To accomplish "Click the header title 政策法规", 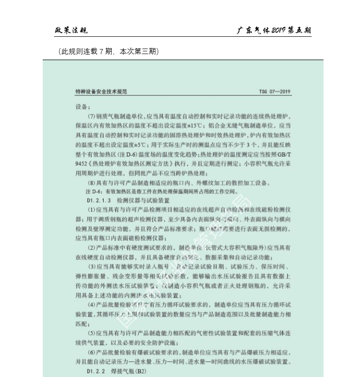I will click(70, 30).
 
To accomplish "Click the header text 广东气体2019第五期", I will click(275, 30).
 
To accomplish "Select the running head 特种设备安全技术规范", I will click(101, 92).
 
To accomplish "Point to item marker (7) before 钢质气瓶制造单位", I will click(91, 116).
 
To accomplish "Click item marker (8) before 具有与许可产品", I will click(91, 184).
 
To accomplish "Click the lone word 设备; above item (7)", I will click(83, 108).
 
